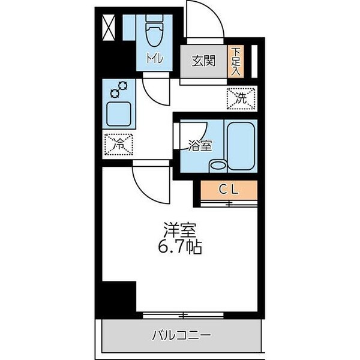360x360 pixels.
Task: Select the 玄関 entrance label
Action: pyautogui.click(x=203, y=61)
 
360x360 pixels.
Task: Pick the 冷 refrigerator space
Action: pyautogui.click(x=119, y=144)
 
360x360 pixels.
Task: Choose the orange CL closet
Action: pyautogui.click(x=229, y=190)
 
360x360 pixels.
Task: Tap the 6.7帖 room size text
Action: pyautogui.click(x=180, y=246)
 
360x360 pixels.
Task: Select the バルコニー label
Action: pyautogui.click(x=180, y=334)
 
